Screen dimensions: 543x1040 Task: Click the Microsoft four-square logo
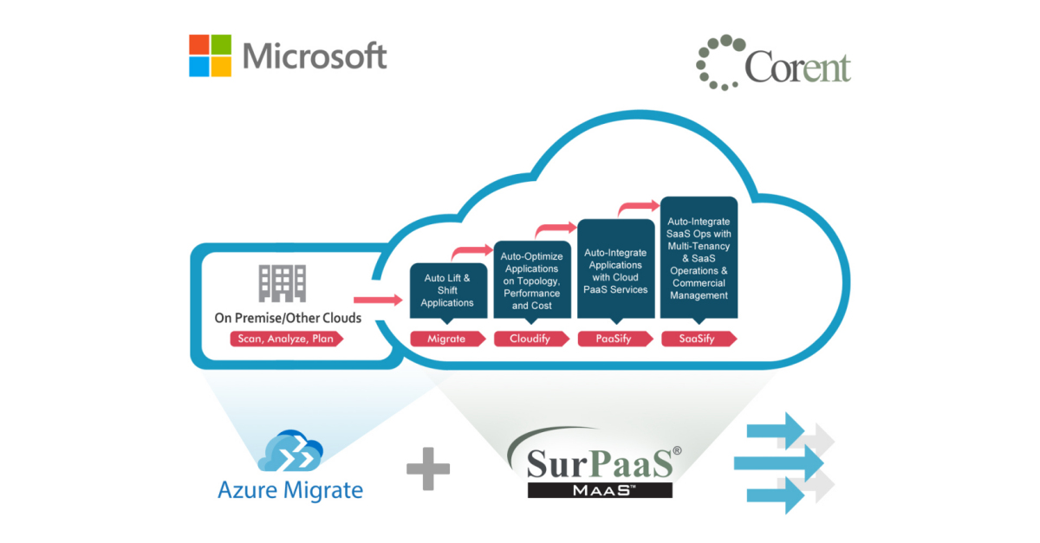(x=211, y=55)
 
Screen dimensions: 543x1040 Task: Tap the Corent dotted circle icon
(x=719, y=61)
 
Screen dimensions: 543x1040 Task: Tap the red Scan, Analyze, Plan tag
(x=287, y=339)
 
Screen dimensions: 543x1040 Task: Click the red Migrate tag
(x=448, y=339)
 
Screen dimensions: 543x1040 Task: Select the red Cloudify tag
(x=531, y=339)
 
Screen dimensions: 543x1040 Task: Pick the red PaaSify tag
(x=614, y=339)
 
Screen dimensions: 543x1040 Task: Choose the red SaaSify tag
(x=699, y=339)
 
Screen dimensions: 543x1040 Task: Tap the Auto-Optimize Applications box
(x=531, y=280)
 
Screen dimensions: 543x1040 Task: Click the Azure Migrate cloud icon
(x=290, y=450)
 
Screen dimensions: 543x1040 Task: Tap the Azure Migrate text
(x=290, y=490)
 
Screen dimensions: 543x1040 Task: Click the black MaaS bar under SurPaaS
(x=600, y=489)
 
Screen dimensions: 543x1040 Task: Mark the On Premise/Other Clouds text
(x=288, y=318)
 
